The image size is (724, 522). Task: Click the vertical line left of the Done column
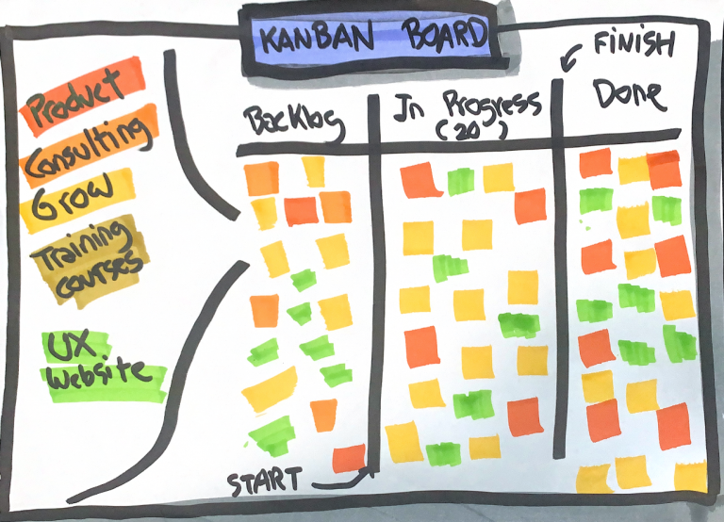(557, 264)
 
